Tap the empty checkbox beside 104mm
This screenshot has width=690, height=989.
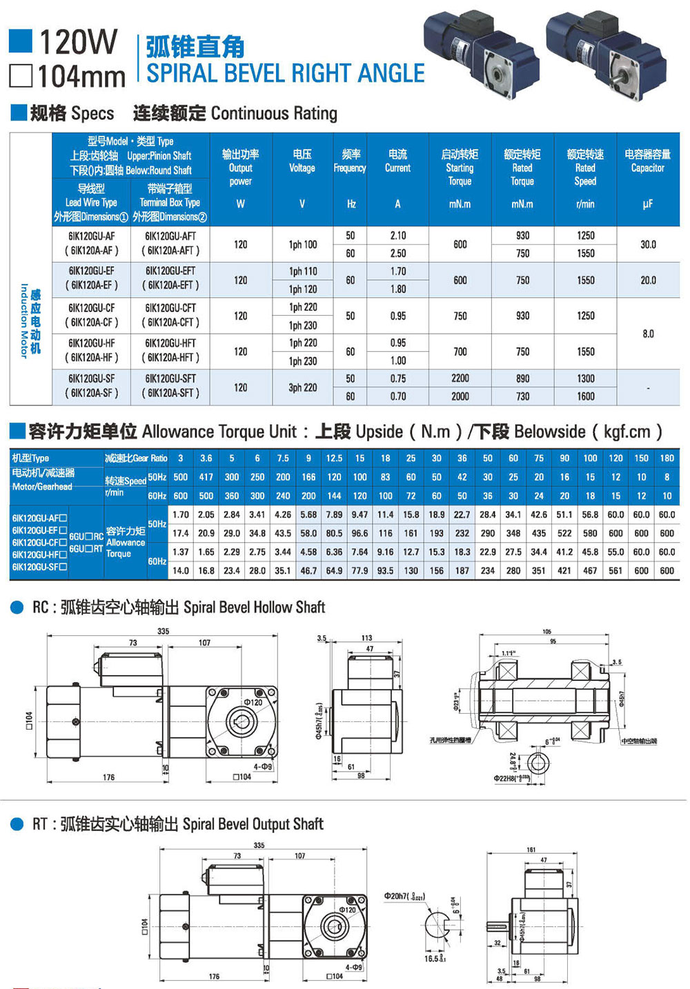[21, 76]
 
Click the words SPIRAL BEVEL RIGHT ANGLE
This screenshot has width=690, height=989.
[286, 74]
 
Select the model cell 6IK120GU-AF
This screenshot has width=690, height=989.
[92, 236]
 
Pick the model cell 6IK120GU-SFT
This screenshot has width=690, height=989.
[170, 379]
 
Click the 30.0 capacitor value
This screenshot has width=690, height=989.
[648, 244]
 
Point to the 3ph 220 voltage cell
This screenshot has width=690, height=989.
[302, 388]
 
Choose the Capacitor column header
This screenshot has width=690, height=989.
[647, 161]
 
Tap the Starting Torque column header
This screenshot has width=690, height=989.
[460, 168]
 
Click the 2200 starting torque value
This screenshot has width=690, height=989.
[460, 379]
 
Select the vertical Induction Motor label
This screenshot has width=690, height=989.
[30, 321]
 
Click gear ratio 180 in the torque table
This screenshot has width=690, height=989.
[667, 458]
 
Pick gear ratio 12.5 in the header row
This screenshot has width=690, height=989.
[334, 458]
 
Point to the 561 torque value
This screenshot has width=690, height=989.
[615, 570]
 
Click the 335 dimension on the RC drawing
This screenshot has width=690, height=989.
[164, 631]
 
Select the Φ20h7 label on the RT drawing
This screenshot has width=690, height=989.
[404, 896]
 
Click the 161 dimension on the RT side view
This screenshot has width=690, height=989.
[531, 850]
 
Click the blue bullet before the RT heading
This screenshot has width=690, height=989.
[17, 824]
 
